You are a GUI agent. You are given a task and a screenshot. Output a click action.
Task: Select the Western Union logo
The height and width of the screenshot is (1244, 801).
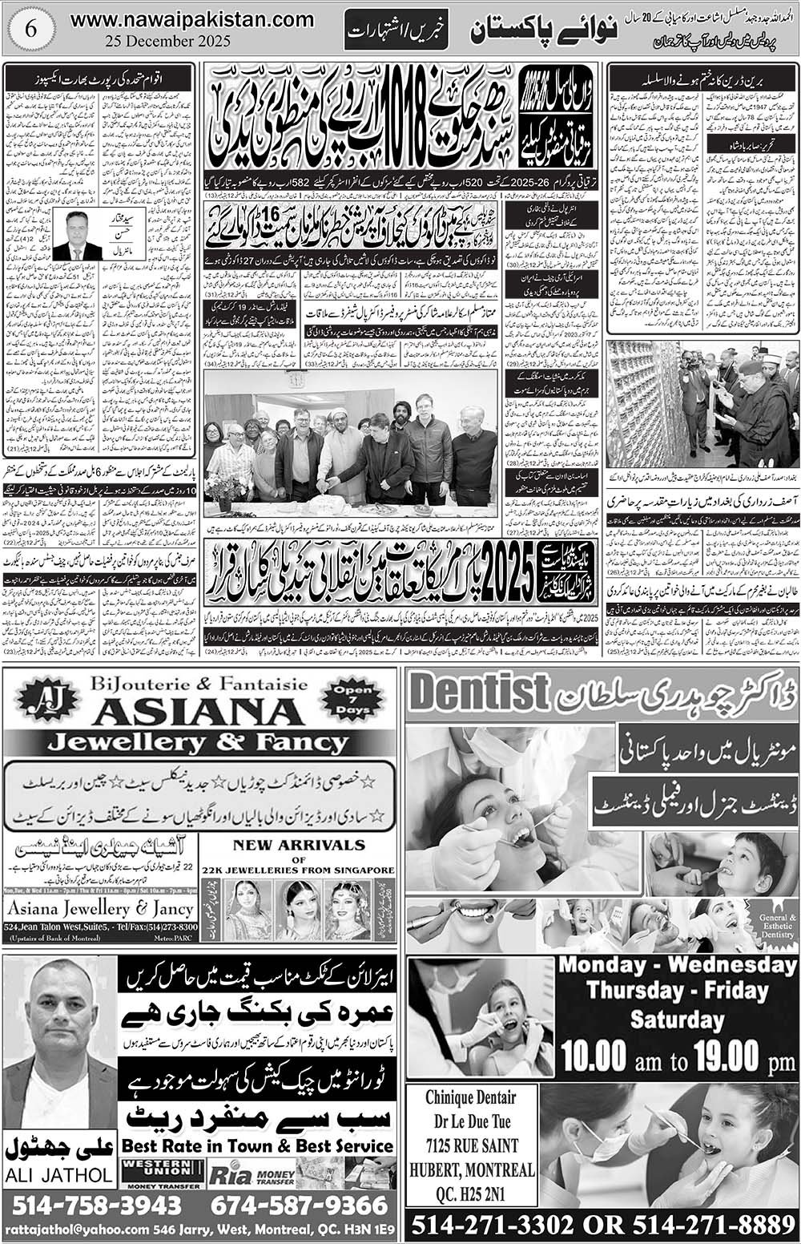tap(159, 1173)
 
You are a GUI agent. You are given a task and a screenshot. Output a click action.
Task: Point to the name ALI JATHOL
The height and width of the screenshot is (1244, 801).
tap(60, 1175)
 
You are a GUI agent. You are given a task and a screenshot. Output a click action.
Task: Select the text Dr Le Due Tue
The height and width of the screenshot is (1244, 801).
tap(469, 1121)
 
